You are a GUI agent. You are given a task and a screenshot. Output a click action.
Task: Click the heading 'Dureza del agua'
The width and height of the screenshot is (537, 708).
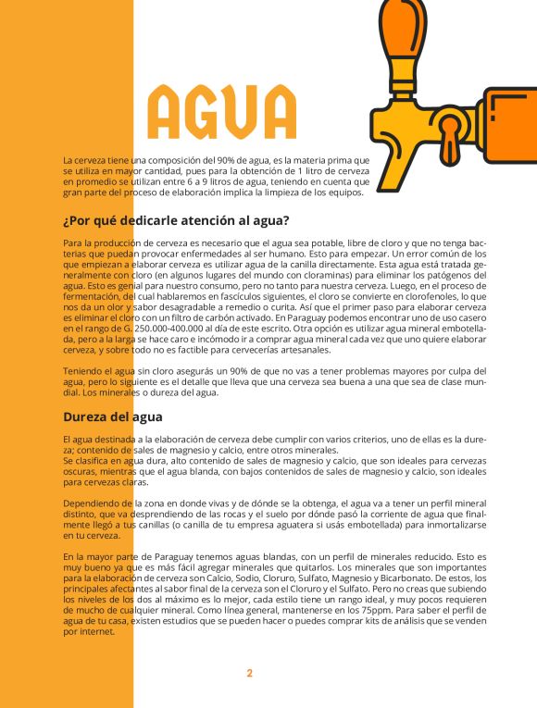113,416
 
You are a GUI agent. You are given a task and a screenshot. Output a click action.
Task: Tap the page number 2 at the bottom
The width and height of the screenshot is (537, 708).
249,673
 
